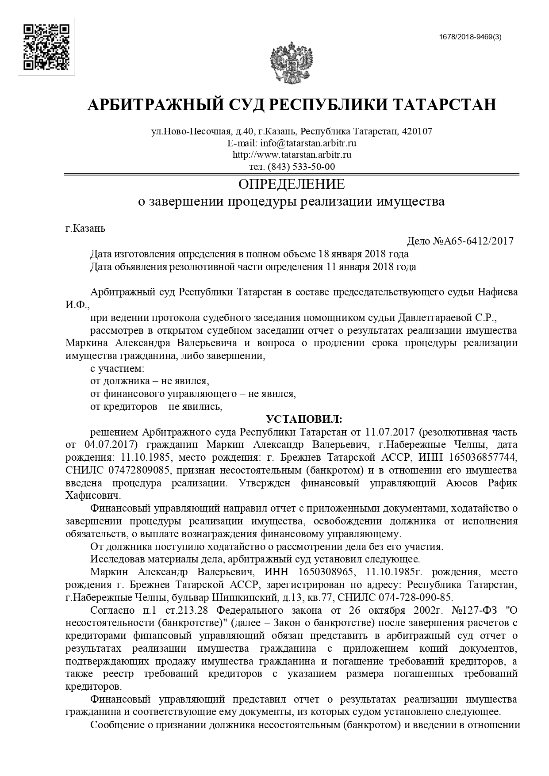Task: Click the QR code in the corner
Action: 46,47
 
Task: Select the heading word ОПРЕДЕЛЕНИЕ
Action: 292,184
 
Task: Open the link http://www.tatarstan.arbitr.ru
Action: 292,155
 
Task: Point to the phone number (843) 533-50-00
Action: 302,167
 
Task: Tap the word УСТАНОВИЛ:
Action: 303,418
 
